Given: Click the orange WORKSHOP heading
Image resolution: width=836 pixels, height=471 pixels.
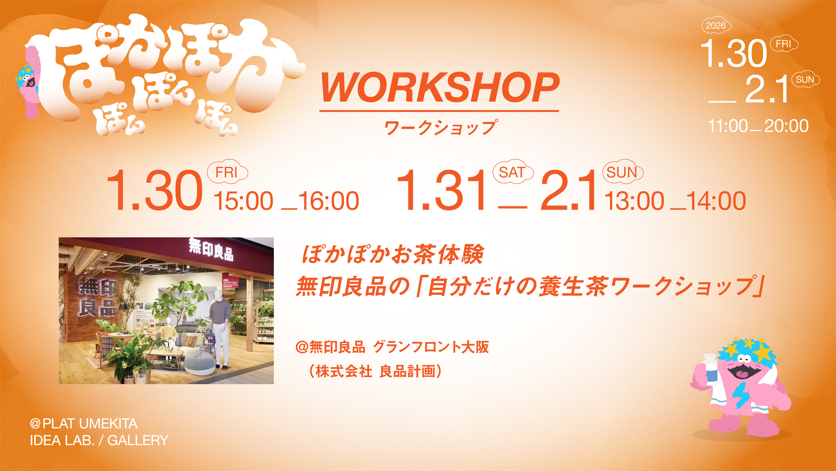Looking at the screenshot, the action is [x=440, y=88].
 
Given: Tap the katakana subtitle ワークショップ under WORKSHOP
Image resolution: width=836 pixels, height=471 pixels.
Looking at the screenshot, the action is [x=440, y=128].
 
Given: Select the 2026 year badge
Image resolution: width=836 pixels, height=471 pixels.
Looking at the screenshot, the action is [x=716, y=26].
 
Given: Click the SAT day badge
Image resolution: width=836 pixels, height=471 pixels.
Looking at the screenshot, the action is [x=512, y=172].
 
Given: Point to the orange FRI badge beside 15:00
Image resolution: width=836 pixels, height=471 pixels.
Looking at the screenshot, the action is [x=227, y=172].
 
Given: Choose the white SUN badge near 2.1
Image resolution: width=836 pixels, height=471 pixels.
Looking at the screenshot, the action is [x=805, y=79].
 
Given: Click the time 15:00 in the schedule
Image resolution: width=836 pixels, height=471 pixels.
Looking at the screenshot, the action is [x=243, y=201].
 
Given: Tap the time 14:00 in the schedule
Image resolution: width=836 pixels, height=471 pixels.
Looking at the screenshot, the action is [x=716, y=201].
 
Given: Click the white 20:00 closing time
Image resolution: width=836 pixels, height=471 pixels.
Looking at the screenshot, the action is [x=786, y=126].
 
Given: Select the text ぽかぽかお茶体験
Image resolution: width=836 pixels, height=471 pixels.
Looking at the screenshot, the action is [x=393, y=255].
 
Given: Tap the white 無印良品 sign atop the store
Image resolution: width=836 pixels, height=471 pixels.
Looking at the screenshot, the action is [x=211, y=249].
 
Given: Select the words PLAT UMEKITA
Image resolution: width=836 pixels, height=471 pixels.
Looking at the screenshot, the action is [x=90, y=423].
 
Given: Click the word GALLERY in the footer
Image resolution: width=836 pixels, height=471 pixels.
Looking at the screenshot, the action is [x=138, y=440].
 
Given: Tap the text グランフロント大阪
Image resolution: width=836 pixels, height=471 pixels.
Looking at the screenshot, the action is [x=431, y=347].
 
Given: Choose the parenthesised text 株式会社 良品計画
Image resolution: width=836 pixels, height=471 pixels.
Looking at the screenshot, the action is [x=375, y=372].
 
